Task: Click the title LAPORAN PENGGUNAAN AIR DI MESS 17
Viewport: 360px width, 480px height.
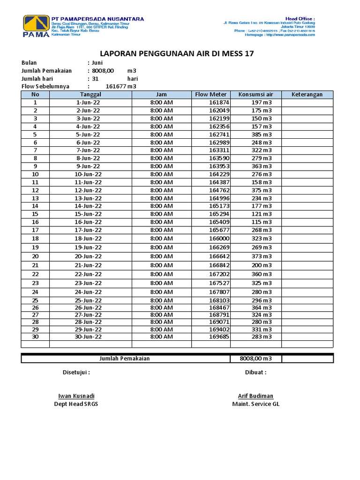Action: [177, 53]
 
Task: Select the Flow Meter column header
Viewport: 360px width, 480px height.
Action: [210, 94]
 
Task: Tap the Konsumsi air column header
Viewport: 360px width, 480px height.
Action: [255, 94]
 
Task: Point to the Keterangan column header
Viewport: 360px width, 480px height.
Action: [307, 94]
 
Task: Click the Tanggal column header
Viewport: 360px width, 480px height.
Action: [90, 94]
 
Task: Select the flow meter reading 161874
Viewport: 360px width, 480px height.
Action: [219, 102]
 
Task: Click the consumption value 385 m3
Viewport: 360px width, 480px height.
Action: [261, 134]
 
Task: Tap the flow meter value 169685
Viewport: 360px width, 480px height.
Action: [219, 337]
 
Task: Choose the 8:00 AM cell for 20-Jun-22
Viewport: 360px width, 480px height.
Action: [161, 256]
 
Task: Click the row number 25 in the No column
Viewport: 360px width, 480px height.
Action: [35, 300]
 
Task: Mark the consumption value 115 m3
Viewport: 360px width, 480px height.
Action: [261, 222]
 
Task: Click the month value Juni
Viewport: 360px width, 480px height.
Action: [97, 62]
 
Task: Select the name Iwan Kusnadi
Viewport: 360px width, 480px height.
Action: [76, 396]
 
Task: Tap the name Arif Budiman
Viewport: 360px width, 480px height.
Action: [255, 396]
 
